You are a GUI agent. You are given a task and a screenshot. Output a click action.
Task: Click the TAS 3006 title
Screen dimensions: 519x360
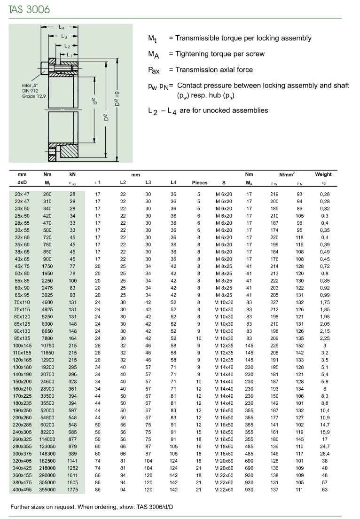29,9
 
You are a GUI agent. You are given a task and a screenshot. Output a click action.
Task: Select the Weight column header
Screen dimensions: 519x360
323,174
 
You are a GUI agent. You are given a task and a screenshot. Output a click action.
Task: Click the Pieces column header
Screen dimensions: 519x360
200,183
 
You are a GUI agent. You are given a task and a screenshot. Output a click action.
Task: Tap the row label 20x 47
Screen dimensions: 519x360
22,194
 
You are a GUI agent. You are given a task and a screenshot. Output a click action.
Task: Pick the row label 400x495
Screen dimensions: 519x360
22,489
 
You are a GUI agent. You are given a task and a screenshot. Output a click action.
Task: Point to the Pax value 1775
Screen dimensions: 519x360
72,489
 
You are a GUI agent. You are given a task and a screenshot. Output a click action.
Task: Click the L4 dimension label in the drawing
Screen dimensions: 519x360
62,27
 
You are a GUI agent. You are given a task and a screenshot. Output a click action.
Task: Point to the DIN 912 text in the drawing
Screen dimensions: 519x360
29,90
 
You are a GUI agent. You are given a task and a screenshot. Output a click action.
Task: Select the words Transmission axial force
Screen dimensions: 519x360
214,70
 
